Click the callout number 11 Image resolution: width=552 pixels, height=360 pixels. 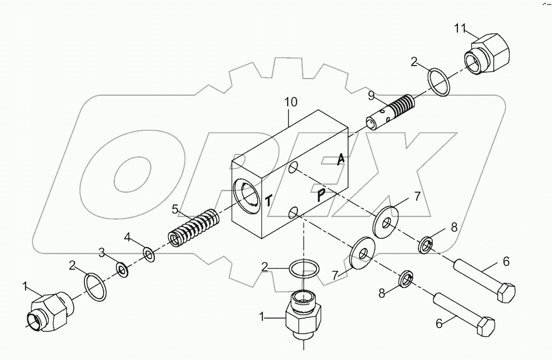pos(460,29)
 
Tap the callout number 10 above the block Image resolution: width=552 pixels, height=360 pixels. pos(290,102)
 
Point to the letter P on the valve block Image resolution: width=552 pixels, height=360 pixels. pos(321,196)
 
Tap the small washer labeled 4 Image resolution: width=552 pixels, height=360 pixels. pos(149,254)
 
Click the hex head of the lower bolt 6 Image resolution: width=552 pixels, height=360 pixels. pos(485,326)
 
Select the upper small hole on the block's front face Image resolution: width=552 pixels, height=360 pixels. pos(293,167)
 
